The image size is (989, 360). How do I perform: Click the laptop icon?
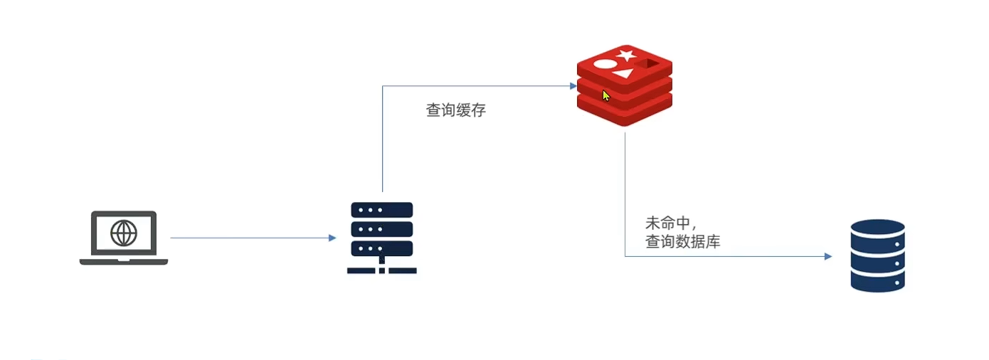point(124,238)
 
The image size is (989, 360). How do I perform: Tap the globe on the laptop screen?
point(124,233)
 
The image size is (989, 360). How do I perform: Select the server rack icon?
point(382,238)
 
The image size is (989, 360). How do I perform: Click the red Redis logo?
point(624,85)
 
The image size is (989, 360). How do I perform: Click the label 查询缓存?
point(455,111)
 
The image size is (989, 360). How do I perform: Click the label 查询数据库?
point(682,242)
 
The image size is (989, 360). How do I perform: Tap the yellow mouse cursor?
point(606,96)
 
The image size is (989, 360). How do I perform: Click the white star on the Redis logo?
point(626,55)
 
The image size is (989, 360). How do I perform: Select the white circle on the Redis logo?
point(604,64)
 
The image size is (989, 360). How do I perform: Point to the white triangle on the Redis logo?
point(623,73)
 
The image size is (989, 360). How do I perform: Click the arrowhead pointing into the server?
point(332,238)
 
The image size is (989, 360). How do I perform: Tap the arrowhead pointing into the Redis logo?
point(573,86)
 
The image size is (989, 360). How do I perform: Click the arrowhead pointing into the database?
point(828,256)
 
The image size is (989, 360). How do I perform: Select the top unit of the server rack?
point(382,211)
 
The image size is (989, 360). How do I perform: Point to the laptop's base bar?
point(124,262)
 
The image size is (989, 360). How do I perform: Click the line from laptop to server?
point(249,238)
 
